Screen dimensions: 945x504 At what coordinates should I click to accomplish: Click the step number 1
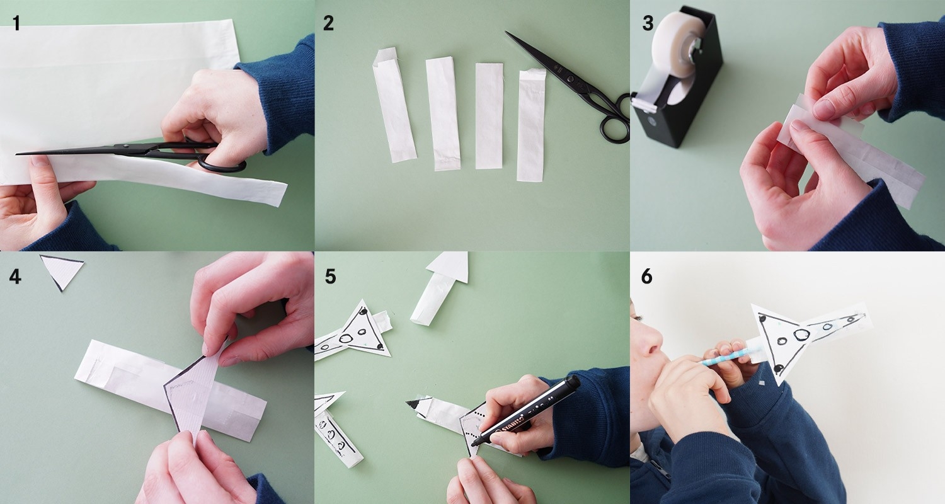[16, 23]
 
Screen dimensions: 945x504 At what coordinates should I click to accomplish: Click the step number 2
[328, 23]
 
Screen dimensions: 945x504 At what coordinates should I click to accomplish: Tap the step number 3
[648, 23]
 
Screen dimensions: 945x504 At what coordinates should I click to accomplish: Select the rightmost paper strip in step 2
[531, 125]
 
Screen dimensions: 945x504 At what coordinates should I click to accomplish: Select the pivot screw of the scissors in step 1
[126, 146]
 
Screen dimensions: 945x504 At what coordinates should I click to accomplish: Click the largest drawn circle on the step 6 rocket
[801, 335]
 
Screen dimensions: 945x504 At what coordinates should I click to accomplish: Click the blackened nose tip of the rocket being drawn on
[413, 404]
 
